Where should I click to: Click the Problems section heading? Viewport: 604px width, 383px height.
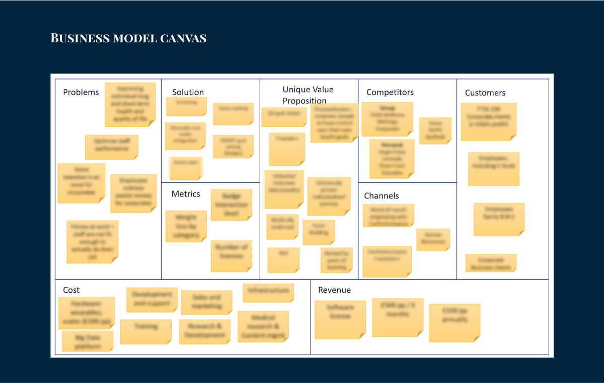point(81,92)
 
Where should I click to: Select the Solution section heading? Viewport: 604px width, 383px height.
point(188,92)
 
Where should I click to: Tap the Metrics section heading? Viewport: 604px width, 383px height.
point(186,194)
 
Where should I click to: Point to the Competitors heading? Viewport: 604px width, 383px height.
point(390,92)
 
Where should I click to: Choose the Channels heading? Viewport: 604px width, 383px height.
point(381,196)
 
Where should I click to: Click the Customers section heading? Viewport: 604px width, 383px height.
point(485,93)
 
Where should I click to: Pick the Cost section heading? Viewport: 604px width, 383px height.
point(71,290)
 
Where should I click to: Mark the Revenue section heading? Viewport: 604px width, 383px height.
point(334,290)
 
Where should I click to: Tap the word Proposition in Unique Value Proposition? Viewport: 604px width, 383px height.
point(305,101)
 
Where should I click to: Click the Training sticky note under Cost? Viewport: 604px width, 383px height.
point(145,331)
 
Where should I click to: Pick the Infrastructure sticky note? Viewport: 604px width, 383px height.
point(268,293)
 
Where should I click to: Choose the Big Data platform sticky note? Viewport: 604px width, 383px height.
point(87,341)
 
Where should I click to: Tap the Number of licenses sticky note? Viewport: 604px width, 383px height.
point(231,256)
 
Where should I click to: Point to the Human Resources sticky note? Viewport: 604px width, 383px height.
point(433,239)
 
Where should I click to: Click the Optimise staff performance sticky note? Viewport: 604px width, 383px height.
point(111,147)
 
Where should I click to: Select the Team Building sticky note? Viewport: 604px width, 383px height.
point(318,232)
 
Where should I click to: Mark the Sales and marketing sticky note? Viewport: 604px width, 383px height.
point(206,302)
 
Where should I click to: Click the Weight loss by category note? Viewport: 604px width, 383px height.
point(186,226)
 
